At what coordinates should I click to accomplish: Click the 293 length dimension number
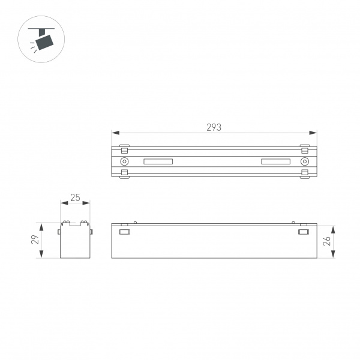tap(214, 127)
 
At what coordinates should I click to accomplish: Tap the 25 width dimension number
tap(75, 197)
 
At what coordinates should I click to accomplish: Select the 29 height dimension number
tap(35, 240)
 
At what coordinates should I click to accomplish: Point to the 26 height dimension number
tap(342, 241)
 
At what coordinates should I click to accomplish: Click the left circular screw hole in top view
tap(124, 161)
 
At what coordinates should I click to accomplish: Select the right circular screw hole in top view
tap(305, 161)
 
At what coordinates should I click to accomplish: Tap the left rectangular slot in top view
tap(158, 161)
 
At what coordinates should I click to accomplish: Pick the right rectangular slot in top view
tap(275, 161)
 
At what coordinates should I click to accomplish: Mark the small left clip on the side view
tap(125, 232)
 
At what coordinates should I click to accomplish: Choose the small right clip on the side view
tap(304, 232)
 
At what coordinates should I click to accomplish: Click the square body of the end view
tap(75, 242)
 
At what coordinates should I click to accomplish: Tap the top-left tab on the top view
tap(124, 148)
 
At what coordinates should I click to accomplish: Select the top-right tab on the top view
tap(305, 148)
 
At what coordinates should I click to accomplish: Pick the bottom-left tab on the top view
tap(124, 173)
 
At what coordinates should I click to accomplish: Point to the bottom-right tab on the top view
tap(305, 173)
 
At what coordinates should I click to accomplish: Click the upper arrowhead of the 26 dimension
tap(332, 228)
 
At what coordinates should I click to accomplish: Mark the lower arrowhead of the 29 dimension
tap(41, 255)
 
